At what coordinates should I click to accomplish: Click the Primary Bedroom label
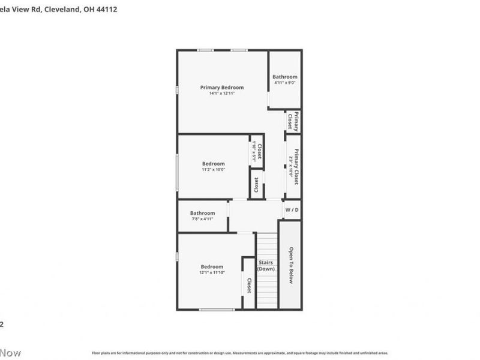pos(222,88)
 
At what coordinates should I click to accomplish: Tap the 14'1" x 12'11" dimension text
pos(222,94)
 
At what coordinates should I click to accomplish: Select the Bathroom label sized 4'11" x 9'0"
pos(285,77)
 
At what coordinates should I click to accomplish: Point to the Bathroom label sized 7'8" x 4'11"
pos(203,213)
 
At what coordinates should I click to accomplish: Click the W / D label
pos(292,210)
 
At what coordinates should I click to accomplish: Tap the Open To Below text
pos(290,265)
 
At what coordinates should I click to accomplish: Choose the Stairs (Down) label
pos(266,265)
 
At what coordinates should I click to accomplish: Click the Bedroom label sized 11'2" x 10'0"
pos(213,164)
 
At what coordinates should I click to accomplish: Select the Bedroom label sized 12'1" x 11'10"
pos(212,267)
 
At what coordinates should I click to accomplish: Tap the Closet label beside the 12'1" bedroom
pos(249,285)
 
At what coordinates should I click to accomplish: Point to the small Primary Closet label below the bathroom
pos(293,121)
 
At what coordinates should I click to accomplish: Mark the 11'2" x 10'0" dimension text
pos(213,170)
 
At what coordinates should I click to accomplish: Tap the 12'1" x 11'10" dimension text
pos(212,273)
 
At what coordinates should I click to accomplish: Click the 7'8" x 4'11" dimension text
pos(203,219)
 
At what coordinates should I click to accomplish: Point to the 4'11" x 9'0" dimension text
pos(285,83)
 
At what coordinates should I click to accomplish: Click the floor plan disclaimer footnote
pos(240,353)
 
